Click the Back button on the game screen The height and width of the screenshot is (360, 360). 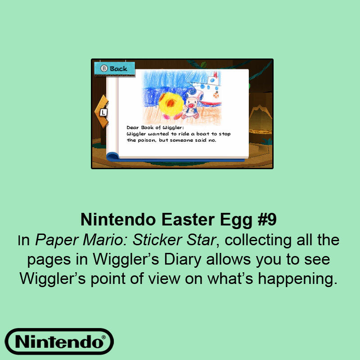point(114,69)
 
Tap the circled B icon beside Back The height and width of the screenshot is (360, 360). point(103,69)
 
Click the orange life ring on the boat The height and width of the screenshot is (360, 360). point(216,94)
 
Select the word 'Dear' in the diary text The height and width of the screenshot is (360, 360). point(132,128)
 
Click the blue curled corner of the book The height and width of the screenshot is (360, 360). point(112,156)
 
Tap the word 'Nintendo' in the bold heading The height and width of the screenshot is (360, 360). point(111,220)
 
